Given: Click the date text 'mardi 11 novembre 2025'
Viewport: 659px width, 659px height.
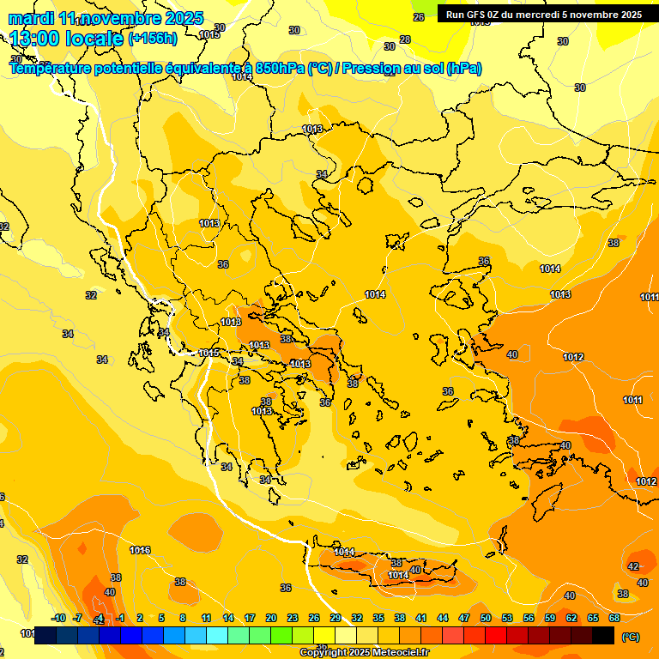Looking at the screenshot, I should (x=106, y=18).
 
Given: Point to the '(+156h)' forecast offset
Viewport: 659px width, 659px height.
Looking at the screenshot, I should (x=153, y=39).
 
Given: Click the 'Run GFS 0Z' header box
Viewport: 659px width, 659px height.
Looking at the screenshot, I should (x=542, y=15).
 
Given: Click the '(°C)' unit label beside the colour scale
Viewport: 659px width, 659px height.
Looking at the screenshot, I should (x=631, y=636).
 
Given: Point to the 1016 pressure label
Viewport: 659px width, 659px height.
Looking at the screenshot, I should (x=140, y=550).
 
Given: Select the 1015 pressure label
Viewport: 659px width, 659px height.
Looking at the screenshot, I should (x=209, y=353).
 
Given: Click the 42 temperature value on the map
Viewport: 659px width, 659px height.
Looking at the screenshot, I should (x=633, y=566).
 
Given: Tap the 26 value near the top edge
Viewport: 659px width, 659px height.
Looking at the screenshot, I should (x=419, y=17).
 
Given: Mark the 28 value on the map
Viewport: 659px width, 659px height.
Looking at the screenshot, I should (x=405, y=39).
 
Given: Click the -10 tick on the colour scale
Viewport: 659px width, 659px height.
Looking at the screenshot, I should (x=58, y=618).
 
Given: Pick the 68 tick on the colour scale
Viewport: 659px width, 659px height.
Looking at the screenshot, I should (x=614, y=618).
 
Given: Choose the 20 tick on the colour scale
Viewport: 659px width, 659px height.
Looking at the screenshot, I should (x=270, y=618).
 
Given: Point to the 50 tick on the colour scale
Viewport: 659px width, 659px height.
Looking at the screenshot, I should (x=486, y=618).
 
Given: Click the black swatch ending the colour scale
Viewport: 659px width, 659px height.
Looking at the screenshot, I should (x=603, y=635).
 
